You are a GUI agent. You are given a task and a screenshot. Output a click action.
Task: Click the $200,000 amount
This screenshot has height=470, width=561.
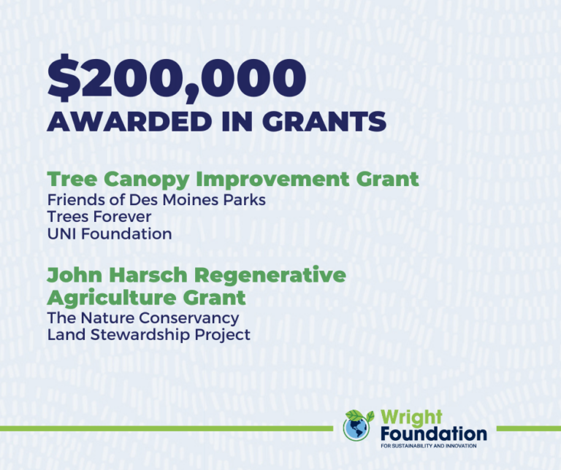pos(176,79)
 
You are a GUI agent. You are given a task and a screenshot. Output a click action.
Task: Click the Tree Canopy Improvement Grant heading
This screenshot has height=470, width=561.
pos(233,179)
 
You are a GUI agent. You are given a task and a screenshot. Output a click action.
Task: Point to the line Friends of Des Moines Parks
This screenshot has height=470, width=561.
pos(156,200)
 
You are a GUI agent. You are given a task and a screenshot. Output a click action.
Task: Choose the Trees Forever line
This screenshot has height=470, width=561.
pos(99,217)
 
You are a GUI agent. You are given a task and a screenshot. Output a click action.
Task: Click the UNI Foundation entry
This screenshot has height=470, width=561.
pos(110,234)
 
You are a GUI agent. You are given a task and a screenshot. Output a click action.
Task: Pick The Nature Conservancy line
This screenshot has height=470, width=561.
pos(143,318)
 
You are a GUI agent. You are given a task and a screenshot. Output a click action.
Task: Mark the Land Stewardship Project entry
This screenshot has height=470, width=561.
pos(149,335)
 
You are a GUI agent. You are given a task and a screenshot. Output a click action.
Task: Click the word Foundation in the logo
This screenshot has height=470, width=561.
pos(433,434)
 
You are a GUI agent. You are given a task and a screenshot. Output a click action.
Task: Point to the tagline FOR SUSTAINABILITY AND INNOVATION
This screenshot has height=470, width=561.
pos(428,446)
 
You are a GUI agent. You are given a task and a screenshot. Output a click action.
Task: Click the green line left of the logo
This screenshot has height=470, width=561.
pos(168,428)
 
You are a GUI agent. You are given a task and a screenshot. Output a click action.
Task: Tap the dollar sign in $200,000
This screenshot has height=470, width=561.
pos(61,79)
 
